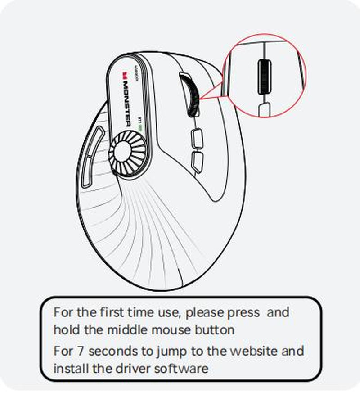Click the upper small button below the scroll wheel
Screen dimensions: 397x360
pyautogui.click(x=197, y=138)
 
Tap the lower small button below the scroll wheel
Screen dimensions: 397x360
pyautogui.click(x=196, y=161)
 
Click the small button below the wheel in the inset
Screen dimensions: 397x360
pyautogui.click(x=264, y=109)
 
